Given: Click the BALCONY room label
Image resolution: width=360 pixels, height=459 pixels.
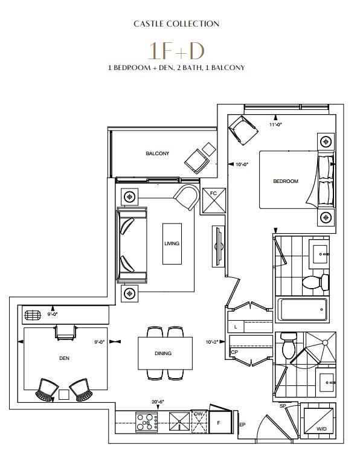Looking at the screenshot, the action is [x=158, y=153].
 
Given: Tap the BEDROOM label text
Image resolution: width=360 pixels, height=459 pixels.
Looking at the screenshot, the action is [x=286, y=181].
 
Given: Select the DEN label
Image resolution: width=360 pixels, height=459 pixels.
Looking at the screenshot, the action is [x=65, y=358].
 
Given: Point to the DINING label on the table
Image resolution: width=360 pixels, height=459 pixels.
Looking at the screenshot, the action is [x=163, y=353].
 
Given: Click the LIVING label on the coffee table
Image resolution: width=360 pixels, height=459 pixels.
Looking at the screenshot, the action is [x=172, y=243].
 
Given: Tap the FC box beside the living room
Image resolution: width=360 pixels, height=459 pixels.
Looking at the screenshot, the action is [x=214, y=201].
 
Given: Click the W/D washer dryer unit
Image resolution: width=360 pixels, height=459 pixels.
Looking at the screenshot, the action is [x=318, y=421].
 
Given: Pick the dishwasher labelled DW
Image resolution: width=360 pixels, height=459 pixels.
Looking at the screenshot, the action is [x=199, y=422].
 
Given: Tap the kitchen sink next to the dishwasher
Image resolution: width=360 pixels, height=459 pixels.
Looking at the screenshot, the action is [x=179, y=422].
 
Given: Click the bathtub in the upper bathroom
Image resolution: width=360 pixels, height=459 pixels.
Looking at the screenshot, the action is [x=302, y=309].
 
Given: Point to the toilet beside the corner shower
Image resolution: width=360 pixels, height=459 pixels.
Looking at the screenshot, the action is [x=289, y=345].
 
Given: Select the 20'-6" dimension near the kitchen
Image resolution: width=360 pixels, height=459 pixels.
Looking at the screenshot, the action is [x=158, y=402].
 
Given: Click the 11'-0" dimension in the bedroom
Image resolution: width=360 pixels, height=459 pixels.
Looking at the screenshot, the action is [x=275, y=124].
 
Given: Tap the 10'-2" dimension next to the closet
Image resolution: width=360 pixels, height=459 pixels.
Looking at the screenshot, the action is [x=212, y=342].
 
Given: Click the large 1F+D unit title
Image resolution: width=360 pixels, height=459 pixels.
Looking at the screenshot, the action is [x=176, y=51].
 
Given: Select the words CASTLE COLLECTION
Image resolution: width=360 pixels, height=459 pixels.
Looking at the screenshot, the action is [x=176, y=24].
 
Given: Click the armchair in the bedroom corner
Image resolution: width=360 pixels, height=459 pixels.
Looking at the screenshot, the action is [x=243, y=130].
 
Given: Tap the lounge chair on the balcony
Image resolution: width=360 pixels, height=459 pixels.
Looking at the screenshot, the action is [x=197, y=162].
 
